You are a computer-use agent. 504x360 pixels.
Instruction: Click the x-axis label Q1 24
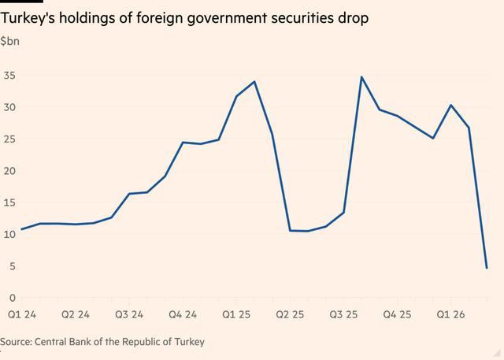coord(22,314)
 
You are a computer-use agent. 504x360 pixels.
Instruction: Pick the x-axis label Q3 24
coord(129,314)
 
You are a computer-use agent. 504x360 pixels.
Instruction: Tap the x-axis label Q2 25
coord(291,314)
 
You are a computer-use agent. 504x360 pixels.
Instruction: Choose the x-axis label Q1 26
coord(451,314)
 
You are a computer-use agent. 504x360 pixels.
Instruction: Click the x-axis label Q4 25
coord(398,314)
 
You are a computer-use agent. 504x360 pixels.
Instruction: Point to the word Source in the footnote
coord(16,342)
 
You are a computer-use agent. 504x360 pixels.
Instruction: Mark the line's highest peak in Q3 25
coord(361,77)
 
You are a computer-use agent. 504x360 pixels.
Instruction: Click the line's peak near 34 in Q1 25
coord(254,82)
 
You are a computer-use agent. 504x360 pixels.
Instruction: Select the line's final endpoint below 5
coord(487,268)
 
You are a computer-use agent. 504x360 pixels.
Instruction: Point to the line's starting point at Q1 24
coord(21,229)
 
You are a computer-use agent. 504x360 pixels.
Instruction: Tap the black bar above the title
coord(21,2)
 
